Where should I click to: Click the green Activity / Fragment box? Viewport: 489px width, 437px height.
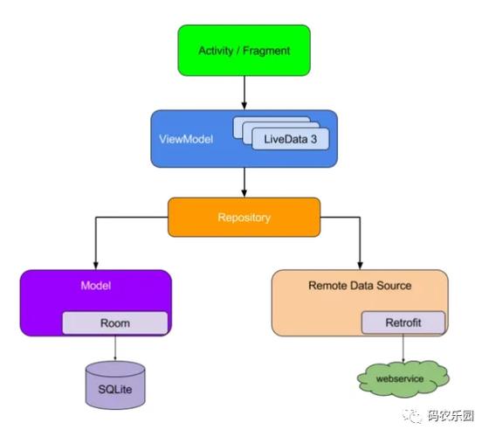point(244,50)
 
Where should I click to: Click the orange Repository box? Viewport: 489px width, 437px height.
point(244,217)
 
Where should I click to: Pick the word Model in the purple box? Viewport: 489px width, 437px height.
point(95,285)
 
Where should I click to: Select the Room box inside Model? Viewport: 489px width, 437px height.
point(114,323)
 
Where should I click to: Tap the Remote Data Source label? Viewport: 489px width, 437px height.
point(360,285)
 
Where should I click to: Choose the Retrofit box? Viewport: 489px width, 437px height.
point(403,323)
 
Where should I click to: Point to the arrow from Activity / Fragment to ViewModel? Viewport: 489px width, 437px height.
point(244,92)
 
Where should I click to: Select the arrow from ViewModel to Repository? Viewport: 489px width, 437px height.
point(244,181)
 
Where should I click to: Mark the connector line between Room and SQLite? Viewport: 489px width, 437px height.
point(115,347)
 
